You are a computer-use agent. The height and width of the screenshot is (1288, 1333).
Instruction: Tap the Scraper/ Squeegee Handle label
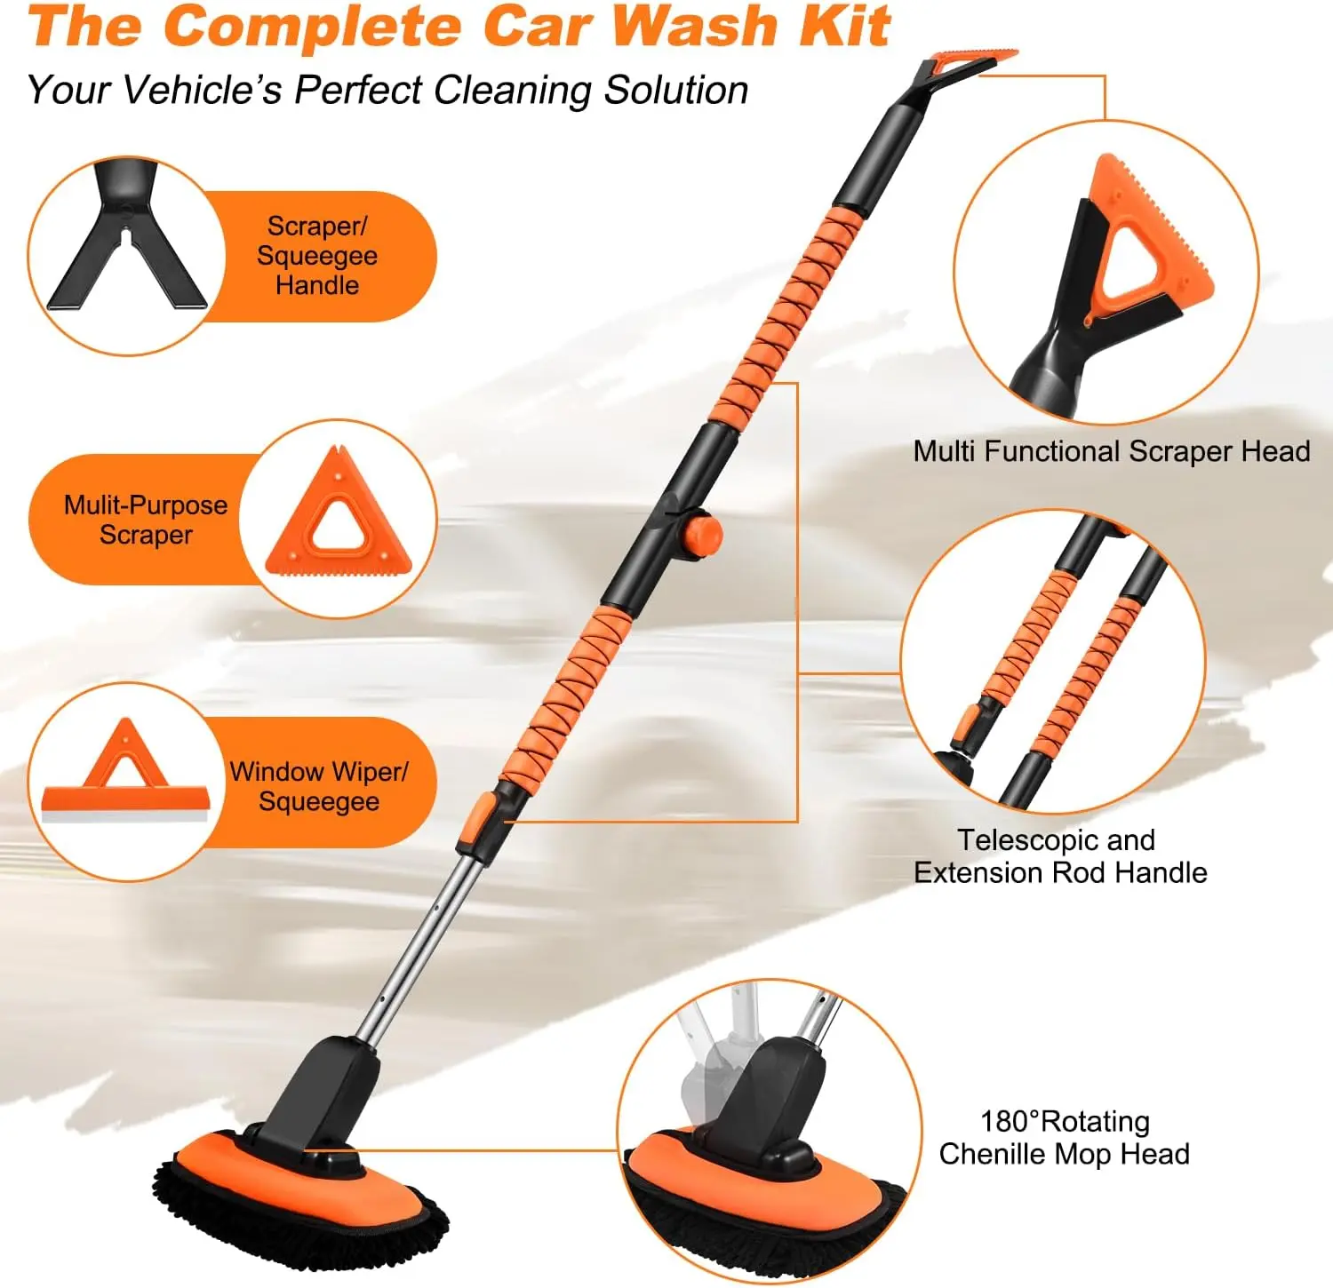pos(317,256)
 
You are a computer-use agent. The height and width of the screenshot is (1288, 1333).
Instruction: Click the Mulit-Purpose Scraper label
pos(146,520)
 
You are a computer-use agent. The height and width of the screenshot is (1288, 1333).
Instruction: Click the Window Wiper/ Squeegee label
pos(319,786)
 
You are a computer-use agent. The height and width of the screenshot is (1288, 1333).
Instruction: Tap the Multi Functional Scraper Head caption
pos(1112,451)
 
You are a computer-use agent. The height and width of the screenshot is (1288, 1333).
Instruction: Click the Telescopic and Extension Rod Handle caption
pos(1060,856)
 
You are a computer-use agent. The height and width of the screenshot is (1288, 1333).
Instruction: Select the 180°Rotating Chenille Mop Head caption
pos(1064,1138)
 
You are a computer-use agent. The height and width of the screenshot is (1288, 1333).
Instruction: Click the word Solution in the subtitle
pos(676,90)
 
